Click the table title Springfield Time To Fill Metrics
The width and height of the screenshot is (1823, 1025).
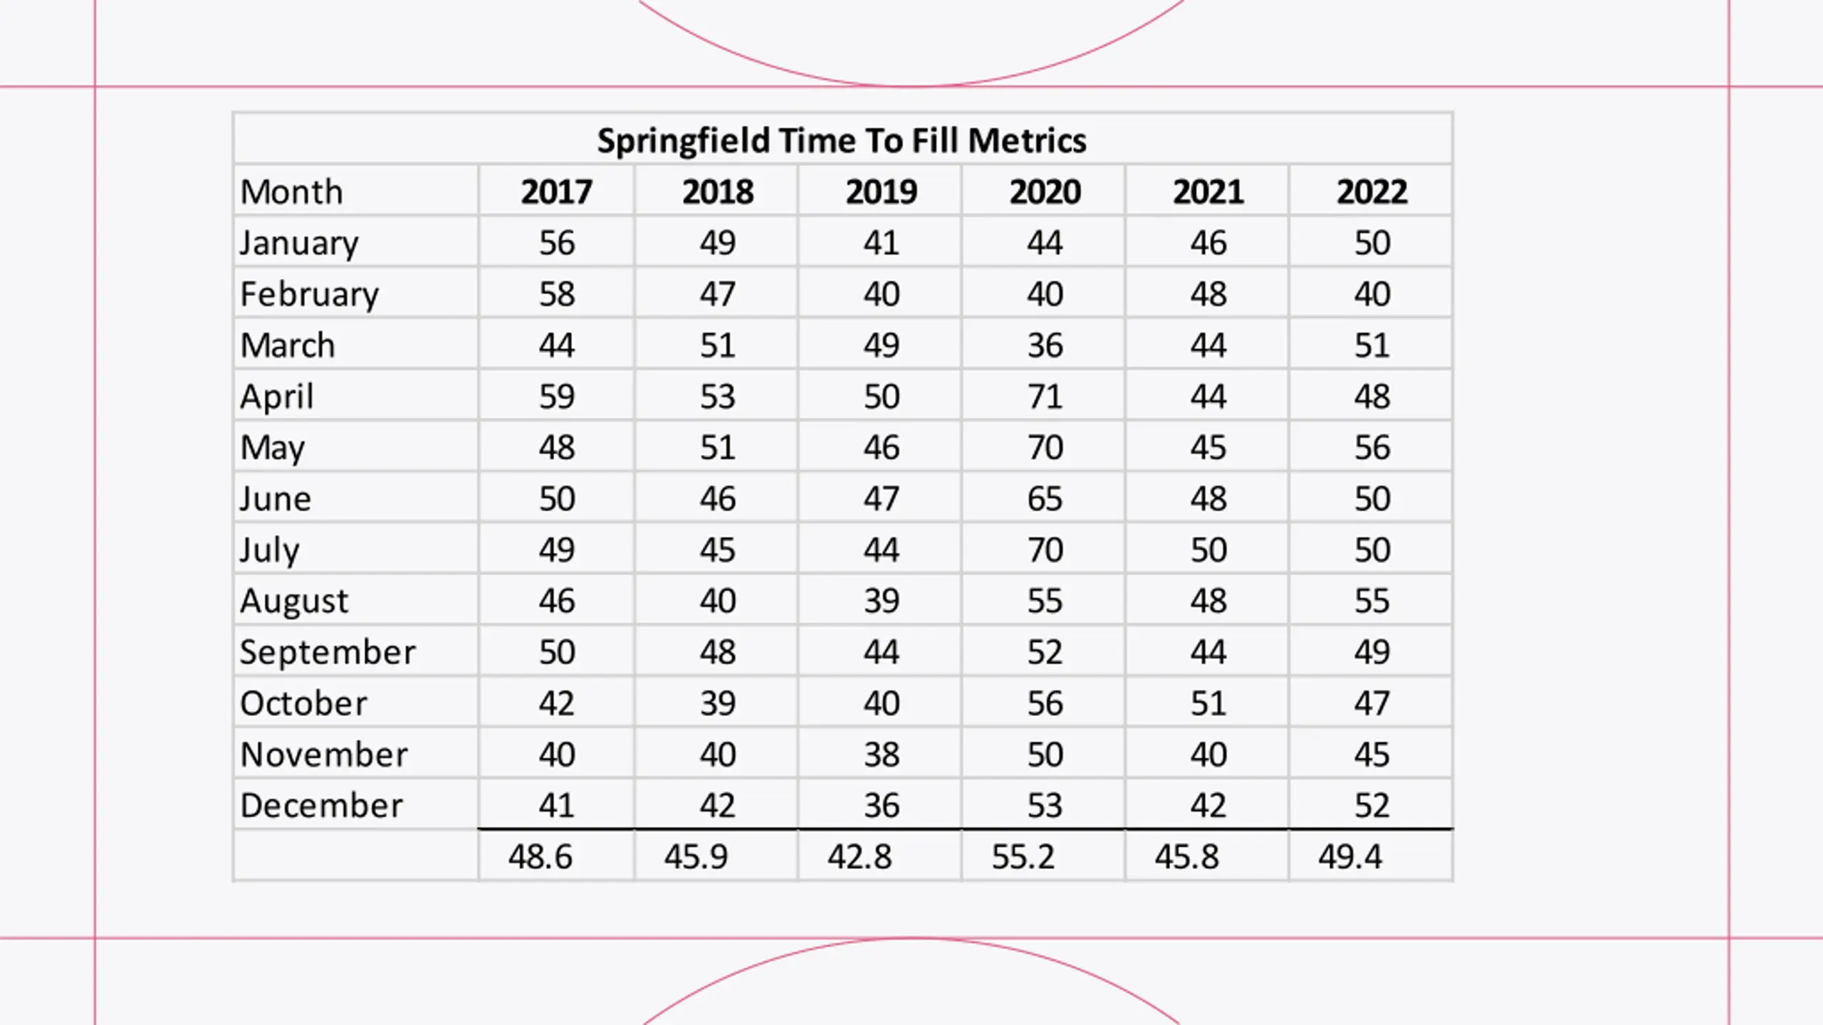pos(842,140)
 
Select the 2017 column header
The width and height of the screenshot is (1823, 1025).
pos(556,191)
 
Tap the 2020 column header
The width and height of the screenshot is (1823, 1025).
pos(1045,191)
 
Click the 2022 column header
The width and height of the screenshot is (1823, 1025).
pos(1372,191)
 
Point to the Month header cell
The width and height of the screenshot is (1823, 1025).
pos(292,191)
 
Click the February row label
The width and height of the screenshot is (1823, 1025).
pos(310,294)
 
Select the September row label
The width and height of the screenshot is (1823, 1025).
pos(328,652)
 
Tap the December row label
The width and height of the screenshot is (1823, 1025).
pos(321,805)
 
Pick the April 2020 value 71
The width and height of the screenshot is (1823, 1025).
pos(1045,396)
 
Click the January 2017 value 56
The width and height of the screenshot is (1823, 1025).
pos(556,243)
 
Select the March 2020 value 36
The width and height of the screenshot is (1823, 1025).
pos(1045,345)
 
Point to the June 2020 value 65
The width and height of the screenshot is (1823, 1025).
pos(1045,498)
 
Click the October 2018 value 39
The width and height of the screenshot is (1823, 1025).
pos(717,703)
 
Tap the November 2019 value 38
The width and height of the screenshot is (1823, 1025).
pos(882,755)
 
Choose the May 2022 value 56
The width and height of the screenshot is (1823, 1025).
pos(1372,447)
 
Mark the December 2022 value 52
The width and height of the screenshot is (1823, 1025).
pos(1372,805)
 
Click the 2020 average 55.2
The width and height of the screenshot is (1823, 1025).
pos(1023,856)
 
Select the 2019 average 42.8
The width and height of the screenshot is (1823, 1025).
pos(860,856)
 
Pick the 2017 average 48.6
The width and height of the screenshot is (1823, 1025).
pos(540,856)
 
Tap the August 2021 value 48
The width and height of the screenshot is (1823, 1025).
pos(1208,601)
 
